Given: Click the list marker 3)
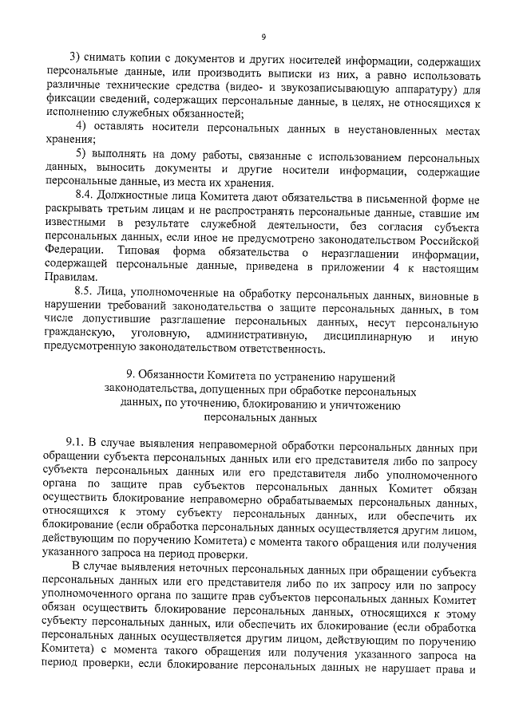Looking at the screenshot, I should (x=76, y=61).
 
